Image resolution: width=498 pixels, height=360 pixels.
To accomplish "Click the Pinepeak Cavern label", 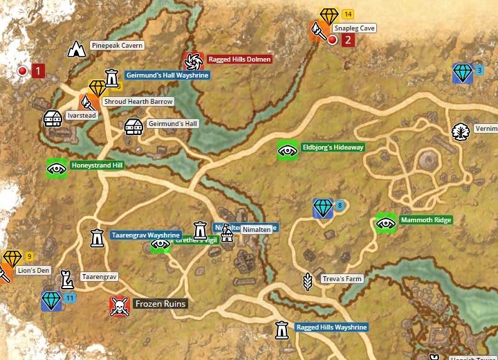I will [116, 46].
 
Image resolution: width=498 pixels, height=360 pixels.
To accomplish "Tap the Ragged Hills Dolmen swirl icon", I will [192, 60].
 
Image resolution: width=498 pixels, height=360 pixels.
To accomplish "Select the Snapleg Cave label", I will [354, 28].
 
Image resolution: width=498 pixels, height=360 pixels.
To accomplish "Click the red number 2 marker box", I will [348, 39].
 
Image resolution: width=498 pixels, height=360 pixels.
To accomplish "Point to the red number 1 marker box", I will [38, 71].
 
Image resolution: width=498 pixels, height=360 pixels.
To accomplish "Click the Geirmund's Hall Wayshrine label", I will [167, 75].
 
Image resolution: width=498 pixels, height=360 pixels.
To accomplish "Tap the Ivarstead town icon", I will [53, 118].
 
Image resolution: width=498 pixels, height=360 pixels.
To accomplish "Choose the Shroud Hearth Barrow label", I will [138, 102].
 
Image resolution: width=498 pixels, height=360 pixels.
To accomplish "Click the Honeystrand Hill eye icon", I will [56, 167].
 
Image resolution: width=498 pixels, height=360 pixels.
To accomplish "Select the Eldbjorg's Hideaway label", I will [332, 147].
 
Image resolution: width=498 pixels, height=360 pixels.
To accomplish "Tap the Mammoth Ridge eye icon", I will [385, 222].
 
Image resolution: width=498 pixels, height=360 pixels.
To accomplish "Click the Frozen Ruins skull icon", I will [120, 305].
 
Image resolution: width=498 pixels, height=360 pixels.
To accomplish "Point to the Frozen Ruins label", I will [160, 304].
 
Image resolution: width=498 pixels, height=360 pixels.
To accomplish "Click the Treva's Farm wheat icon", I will [308, 280].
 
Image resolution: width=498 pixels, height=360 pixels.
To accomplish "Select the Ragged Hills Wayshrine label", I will [331, 327].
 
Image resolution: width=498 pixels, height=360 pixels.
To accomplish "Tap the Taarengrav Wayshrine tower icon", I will [98, 237].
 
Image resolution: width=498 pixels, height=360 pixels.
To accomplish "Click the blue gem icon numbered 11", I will [51, 301].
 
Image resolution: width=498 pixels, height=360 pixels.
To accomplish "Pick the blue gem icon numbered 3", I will [463, 73].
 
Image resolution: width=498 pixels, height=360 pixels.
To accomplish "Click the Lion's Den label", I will [33, 271].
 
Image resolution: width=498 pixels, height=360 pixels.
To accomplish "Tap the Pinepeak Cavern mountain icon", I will [76, 48].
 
